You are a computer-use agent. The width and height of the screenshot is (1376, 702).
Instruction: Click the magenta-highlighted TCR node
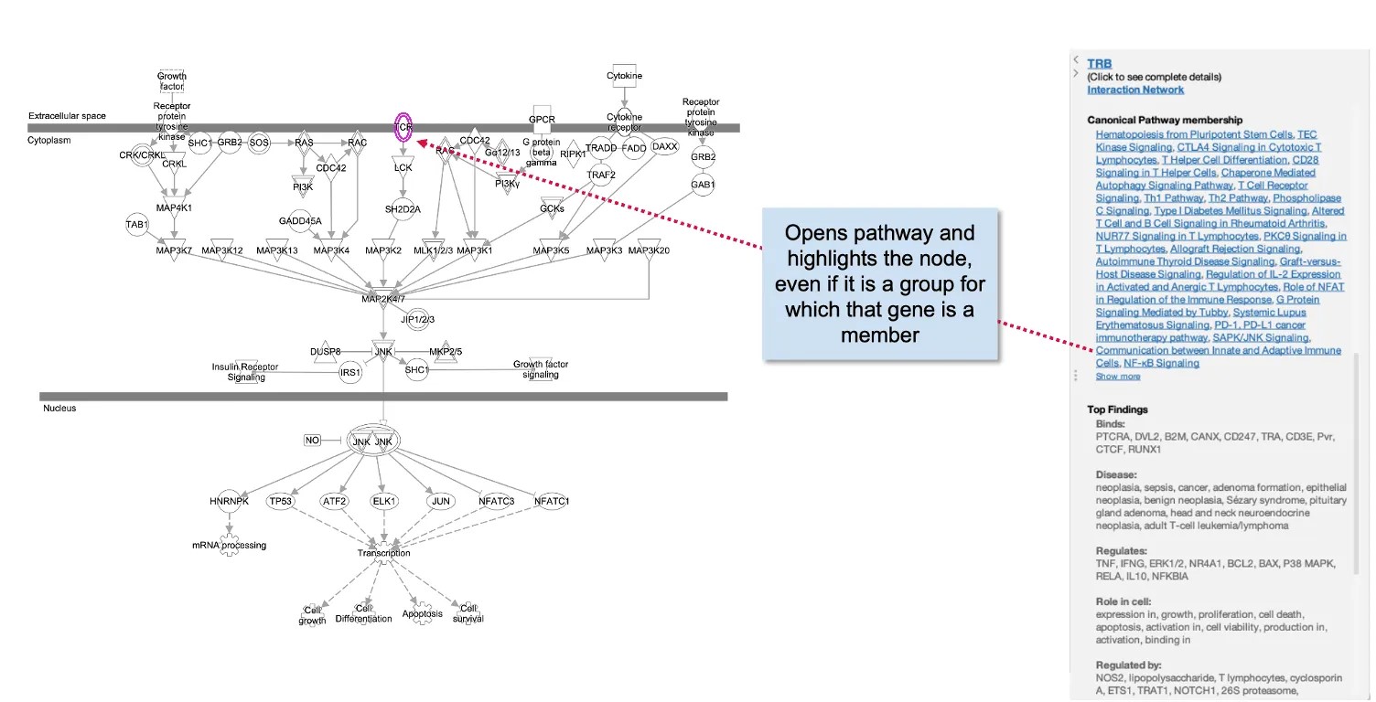click(x=403, y=128)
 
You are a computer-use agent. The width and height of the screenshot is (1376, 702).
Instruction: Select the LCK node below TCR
click(x=403, y=167)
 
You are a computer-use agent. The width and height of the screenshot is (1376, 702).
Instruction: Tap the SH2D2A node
click(x=403, y=208)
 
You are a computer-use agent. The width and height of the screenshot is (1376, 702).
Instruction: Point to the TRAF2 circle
click(x=601, y=174)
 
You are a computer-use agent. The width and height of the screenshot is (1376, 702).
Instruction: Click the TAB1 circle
click(x=137, y=224)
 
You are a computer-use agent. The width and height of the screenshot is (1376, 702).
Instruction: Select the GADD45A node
click(x=301, y=220)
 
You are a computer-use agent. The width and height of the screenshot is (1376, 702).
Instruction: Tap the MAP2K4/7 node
click(x=383, y=298)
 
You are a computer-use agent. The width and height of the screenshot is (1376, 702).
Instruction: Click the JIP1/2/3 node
click(x=416, y=318)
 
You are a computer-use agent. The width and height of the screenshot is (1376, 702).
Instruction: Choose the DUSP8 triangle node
click(x=325, y=352)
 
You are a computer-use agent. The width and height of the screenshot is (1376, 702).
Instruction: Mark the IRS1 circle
click(x=350, y=373)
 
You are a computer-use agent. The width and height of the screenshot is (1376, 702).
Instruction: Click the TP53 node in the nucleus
click(x=280, y=501)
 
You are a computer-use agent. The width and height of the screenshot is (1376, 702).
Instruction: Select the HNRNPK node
click(x=229, y=501)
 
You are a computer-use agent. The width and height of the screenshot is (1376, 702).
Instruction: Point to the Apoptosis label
click(x=422, y=613)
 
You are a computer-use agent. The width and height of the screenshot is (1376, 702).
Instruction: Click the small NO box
click(x=313, y=441)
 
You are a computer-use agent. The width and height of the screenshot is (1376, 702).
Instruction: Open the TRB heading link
click(x=1099, y=64)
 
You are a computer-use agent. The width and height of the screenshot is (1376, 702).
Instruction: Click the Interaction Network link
click(x=1135, y=90)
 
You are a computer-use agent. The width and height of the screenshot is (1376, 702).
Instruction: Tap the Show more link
click(x=1118, y=377)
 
